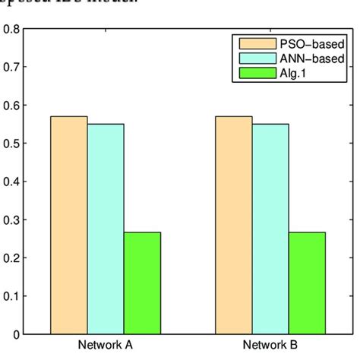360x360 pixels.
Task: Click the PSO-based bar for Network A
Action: pyautogui.click(x=69, y=225)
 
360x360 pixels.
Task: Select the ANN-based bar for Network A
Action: pyautogui.click(x=106, y=229)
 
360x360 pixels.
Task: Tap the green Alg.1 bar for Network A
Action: pyautogui.click(x=142, y=283)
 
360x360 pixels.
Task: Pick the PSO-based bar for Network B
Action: pyautogui.click(x=234, y=225)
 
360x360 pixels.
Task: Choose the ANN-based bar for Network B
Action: pyautogui.click(x=270, y=229)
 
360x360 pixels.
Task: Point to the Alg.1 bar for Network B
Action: pyautogui.click(x=307, y=283)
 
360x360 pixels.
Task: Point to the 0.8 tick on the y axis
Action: pyautogui.click(x=11, y=30)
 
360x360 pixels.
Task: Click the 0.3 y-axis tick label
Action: pyautogui.click(x=11, y=219)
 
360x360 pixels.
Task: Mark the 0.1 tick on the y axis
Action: pyautogui.click(x=11, y=295)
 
